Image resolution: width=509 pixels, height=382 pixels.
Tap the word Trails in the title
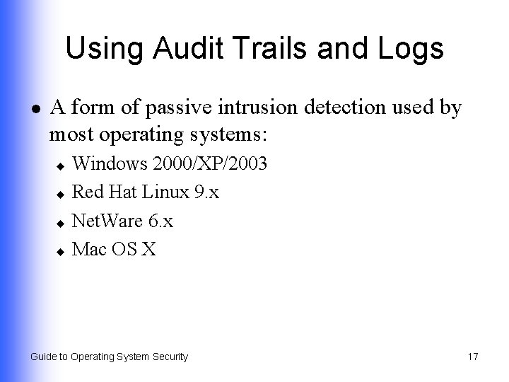257,49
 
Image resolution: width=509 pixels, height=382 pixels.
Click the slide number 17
473,357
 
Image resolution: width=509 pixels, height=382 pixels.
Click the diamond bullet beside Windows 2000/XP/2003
61,166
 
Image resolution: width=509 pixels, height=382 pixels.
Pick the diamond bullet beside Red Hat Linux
61,194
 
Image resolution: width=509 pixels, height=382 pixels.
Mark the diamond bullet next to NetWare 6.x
61,222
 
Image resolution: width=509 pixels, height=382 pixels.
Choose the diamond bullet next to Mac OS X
61,250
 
